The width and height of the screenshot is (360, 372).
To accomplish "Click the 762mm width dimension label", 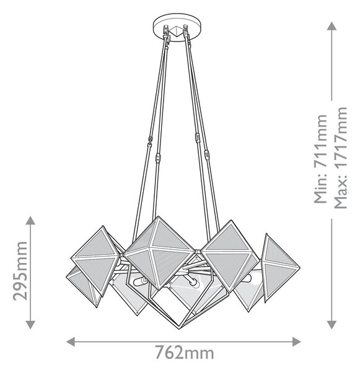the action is coord(185,353).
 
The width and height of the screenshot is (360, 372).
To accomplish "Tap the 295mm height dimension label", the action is coord(20,271).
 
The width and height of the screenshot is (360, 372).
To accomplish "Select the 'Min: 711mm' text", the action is coord(320,159).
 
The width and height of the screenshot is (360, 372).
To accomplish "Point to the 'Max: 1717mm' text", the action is coord(341,157).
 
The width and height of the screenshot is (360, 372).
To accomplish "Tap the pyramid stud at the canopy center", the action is coord(177,31).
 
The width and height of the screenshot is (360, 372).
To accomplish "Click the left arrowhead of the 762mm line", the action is coord(71,342).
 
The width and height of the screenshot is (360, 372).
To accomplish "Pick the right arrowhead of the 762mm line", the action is coord(296,342).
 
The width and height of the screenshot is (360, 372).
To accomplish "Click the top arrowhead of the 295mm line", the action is coord(30,220).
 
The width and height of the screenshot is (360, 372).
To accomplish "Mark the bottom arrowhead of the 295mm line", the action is coord(30,324).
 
